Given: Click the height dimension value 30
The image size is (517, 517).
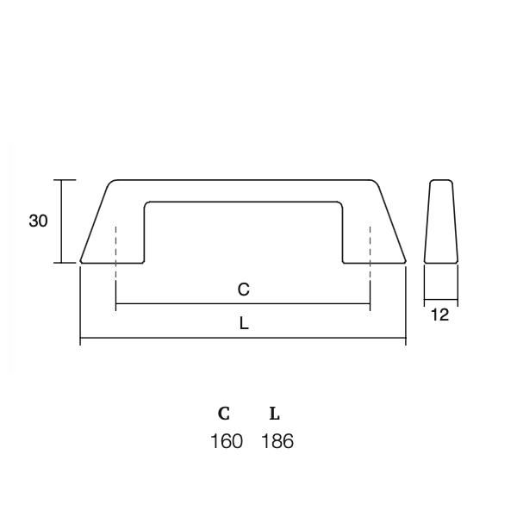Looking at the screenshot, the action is click(x=38, y=221).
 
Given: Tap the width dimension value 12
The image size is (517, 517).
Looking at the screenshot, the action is click(x=439, y=315).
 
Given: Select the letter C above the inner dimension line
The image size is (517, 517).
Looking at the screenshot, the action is click(x=243, y=290).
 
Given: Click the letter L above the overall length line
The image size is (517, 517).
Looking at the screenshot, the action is click(x=244, y=324).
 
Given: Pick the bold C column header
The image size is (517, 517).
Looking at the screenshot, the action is click(x=224, y=414).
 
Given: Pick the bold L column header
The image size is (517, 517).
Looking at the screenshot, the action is click(x=275, y=414).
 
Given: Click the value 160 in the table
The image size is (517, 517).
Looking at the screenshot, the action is click(x=226, y=441).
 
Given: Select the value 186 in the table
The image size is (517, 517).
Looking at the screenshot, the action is click(x=277, y=441).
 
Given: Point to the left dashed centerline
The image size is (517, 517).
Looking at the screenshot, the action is click(x=115, y=253).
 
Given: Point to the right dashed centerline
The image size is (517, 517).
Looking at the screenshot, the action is click(x=370, y=253).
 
